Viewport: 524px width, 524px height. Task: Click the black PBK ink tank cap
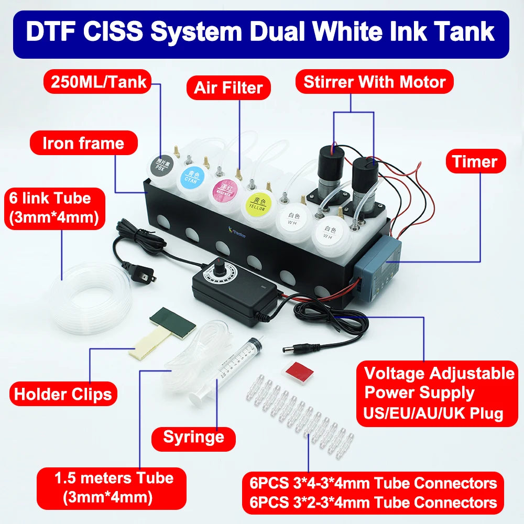[x=161, y=166]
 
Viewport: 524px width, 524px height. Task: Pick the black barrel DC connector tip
[x=290, y=348]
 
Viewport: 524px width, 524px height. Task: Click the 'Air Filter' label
[x=228, y=87]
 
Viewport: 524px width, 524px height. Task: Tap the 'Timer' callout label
[x=475, y=161]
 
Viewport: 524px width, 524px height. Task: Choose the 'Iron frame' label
[x=83, y=143]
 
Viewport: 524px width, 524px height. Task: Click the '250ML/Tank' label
[x=99, y=82]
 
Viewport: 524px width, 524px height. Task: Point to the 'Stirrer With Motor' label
[x=374, y=82]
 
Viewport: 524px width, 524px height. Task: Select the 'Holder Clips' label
[x=63, y=394]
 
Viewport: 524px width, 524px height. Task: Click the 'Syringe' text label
[x=193, y=436]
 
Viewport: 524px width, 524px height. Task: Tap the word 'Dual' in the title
[x=290, y=32]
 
